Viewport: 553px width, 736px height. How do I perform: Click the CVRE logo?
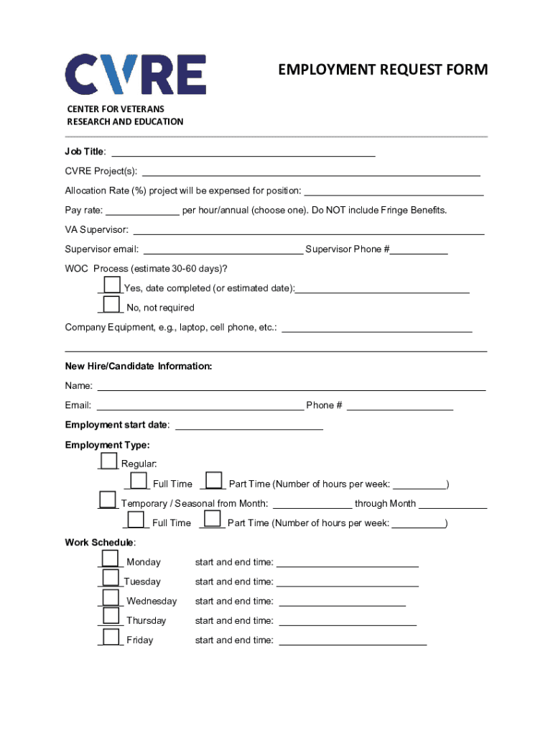[x=136, y=75]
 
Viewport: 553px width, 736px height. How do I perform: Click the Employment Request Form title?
[x=383, y=70]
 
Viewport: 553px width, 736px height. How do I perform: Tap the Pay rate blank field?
[x=143, y=210]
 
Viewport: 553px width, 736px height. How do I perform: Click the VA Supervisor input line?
[x=309, y=229]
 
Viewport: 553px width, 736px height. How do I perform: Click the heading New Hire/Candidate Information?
[x=139, y=367]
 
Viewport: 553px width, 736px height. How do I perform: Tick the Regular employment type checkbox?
[x=108, y=461]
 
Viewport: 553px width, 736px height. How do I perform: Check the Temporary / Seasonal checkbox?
[x=108, y=500]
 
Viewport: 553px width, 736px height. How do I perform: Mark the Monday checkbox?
[x=110, y=558]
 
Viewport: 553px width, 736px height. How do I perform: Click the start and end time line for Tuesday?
[x=347, y=581]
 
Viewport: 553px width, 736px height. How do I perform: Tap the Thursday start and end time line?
[x=347, y=620]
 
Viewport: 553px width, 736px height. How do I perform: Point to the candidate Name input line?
[x=291, y=386]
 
